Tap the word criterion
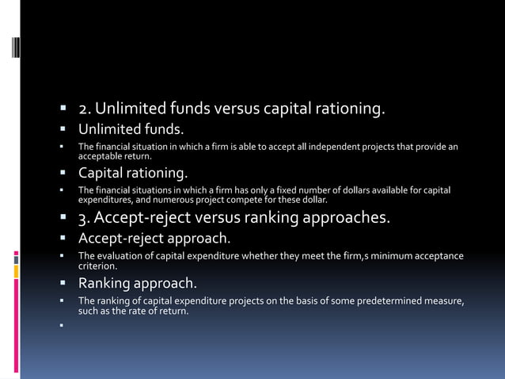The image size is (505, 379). coord(96,266)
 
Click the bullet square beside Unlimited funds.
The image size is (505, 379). coord(61,129)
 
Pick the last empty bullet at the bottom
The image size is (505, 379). coord(61,323)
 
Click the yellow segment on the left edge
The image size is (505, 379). coord(16,271)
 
